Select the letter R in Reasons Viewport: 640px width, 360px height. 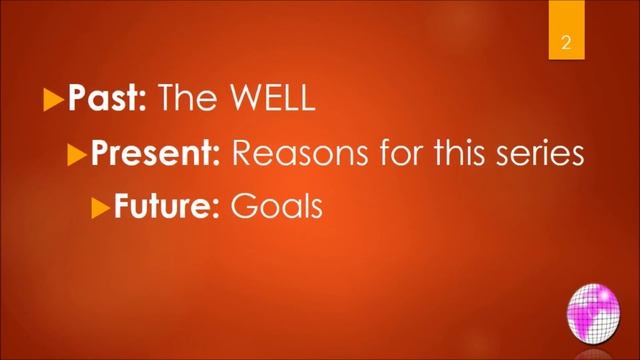(243, 155)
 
